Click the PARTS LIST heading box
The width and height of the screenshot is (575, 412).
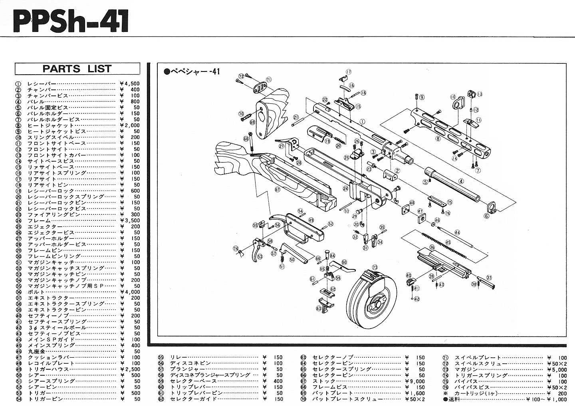(x=77, y=69)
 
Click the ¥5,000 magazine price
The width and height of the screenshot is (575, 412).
(x=557, y=369)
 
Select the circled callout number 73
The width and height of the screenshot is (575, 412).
(x=374, y=267)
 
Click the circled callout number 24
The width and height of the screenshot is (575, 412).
(x=345, y=188)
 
